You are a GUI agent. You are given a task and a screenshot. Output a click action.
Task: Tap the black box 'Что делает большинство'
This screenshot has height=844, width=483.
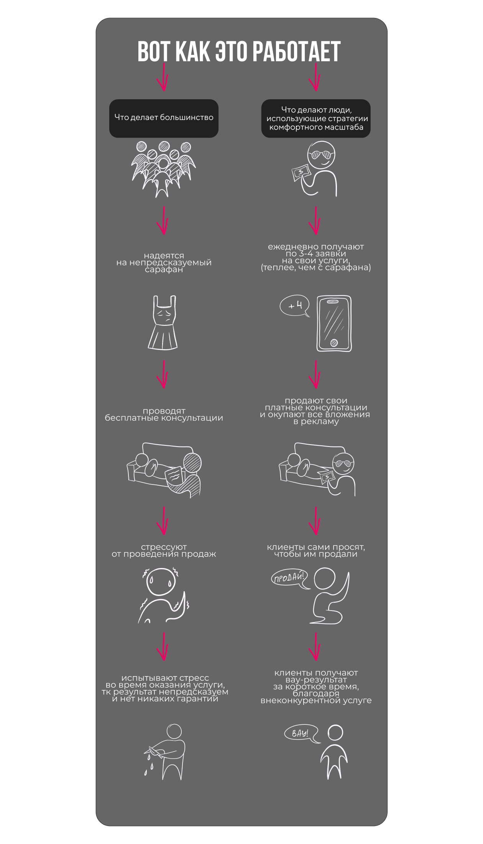pos(164,118)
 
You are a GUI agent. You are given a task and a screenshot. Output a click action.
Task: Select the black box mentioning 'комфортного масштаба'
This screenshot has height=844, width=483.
pos(316,118)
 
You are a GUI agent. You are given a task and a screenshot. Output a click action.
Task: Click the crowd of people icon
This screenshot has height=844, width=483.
pos(164,169)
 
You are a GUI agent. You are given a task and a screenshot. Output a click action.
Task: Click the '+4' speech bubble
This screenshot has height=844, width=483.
pos(294,307)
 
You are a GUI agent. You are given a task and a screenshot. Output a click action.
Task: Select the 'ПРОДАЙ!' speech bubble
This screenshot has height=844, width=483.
pos(290,578)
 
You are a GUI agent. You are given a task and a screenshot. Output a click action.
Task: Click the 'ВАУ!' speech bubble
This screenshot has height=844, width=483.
pos(302,734)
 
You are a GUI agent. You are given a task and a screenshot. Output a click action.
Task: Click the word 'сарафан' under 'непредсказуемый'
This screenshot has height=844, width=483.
pos(164,270)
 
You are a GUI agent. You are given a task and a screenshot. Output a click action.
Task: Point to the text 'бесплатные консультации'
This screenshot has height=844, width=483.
pos(164,418)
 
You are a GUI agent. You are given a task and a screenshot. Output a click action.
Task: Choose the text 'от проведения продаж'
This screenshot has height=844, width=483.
pos(164,554)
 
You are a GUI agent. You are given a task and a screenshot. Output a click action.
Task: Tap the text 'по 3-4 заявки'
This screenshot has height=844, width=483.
pos(316,254)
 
